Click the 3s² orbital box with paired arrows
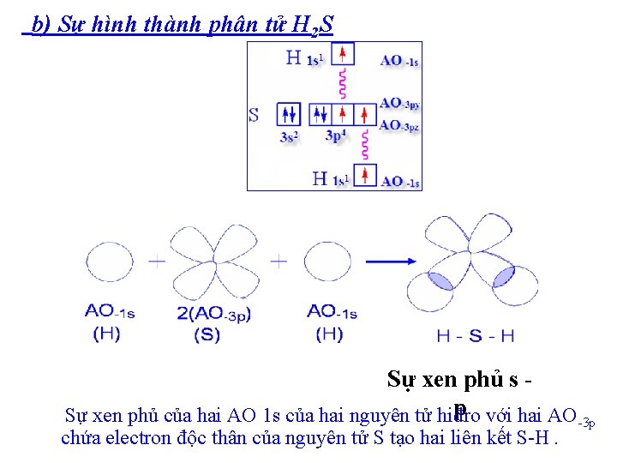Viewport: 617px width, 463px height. [x=289, y=114]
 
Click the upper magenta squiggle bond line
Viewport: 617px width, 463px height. [x=343, y=83]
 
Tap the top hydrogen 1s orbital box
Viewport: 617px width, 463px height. [x=343, y=55]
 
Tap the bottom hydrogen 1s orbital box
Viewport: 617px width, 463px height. [x=366, y=176]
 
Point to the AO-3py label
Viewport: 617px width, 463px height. [x=399, y=104]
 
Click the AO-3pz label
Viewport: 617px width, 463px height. [x=399, y=125]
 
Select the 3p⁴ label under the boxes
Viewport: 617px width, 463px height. [x=337, y=135]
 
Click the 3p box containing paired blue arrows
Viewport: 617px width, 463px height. [x=320, y=114]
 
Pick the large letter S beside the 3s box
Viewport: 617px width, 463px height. [x=254, y=114]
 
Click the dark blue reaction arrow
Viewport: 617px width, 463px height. [x=390, y=262]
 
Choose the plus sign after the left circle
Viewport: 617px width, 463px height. [x=157, y=262]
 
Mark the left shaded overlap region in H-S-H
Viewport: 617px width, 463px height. [x=440, y=280]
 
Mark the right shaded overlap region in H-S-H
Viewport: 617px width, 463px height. [x=503, y=277]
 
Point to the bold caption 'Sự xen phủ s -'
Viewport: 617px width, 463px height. [x=455, y=379]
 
